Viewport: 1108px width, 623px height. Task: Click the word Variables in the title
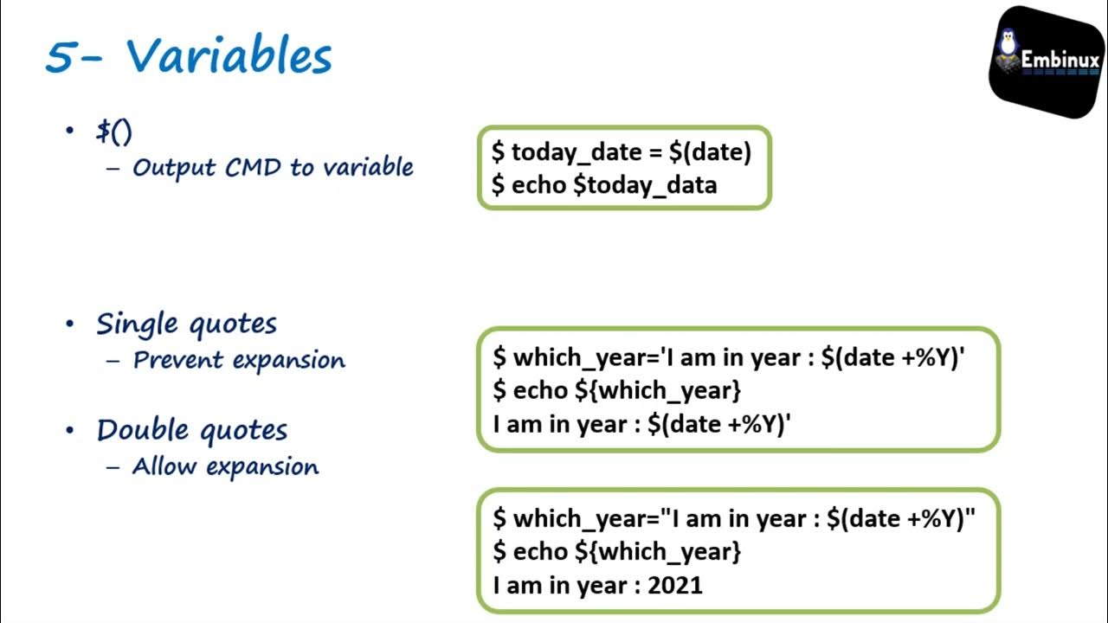point(229,57)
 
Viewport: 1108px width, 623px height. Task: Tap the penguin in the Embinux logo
point(1007,48)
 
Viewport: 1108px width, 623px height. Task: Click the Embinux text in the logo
point(1060,61)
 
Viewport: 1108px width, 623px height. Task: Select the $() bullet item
point(114,132)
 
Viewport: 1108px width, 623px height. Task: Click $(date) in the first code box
point(710,152)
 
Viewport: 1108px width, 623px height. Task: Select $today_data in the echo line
point(645,184)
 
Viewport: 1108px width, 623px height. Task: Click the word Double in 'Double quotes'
point(144,430)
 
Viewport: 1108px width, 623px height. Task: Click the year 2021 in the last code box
point(675,585)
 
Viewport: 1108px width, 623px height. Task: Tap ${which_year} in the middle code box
point(658,390)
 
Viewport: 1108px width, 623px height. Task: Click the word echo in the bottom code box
point(540,551)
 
